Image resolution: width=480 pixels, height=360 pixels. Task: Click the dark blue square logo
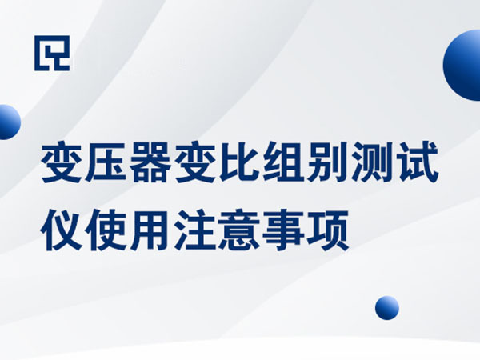click(52, 53)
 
